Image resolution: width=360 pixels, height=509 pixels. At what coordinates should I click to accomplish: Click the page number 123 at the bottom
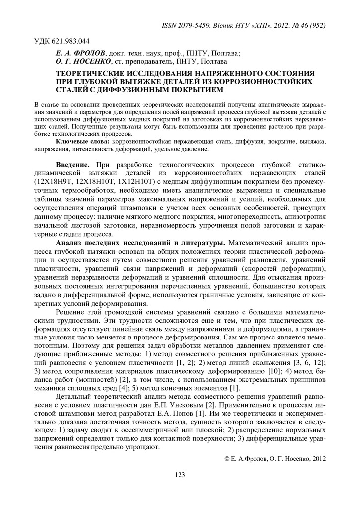click(180, 475)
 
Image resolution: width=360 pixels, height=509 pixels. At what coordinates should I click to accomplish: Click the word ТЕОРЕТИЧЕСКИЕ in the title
click(92, 73)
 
